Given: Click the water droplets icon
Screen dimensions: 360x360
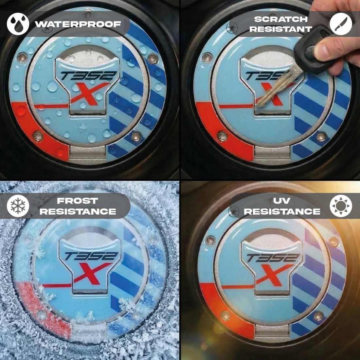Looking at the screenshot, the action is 18,24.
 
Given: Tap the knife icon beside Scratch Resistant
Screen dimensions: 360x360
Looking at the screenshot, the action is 341,24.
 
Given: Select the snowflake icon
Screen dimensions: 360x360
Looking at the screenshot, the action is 18,206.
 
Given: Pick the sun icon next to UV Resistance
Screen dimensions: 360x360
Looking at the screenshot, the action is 341,206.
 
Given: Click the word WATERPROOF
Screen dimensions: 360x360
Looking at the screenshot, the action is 78,24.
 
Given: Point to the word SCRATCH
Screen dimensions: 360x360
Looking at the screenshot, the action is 281,19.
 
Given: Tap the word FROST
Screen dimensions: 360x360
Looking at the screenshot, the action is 78,201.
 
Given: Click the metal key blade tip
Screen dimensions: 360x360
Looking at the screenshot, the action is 258,106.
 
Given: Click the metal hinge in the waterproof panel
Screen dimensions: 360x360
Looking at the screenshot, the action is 87,152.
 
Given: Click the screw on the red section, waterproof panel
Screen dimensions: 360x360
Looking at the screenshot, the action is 38,136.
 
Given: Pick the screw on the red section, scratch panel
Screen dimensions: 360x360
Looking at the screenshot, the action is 223,136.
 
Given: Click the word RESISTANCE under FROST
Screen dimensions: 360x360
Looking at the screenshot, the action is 78,211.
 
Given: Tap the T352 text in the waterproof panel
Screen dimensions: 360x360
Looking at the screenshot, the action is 88,76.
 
